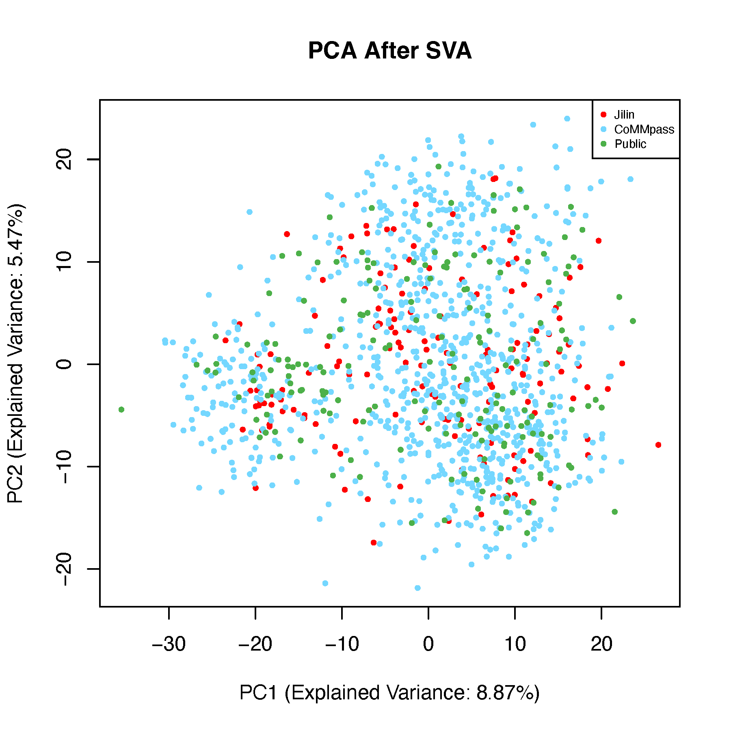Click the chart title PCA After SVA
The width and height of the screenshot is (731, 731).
click(389, 51)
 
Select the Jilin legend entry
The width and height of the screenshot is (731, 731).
click(624, 115)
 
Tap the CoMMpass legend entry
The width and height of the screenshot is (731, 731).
click(644, 130)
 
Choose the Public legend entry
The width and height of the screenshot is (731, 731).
click(630, 144)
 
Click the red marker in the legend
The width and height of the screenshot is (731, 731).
click(603, 115)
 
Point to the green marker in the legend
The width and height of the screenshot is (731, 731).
click(603, 144)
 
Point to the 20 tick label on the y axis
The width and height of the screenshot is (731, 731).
click(64, 159)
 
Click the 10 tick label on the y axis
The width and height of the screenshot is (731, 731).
click(64, 262)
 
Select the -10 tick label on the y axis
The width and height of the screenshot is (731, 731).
click(64, 467)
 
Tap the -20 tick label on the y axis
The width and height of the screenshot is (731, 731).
click(64, 569)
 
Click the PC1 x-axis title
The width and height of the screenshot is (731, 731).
click(389, 693)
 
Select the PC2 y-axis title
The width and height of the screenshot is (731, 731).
click(16, 353)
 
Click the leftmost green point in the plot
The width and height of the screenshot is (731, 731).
click(121, 410)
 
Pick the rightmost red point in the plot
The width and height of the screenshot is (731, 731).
click(658, 445)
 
